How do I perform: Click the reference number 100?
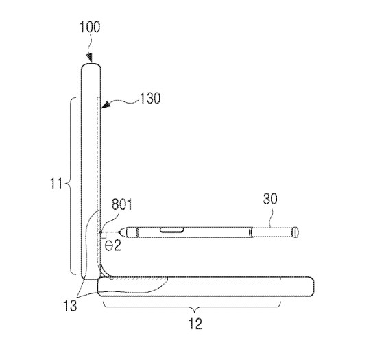[90, 27]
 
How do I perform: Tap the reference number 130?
[150, 98]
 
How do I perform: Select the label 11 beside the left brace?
[56, 182]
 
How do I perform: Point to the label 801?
[122, 204]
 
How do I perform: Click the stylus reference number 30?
[270, 199]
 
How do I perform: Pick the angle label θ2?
[113, 245]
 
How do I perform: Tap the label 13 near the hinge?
[70, 306]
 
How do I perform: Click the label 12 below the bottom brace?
[195, 324]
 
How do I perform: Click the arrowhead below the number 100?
[90, 58]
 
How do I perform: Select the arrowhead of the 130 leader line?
[106, 106]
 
